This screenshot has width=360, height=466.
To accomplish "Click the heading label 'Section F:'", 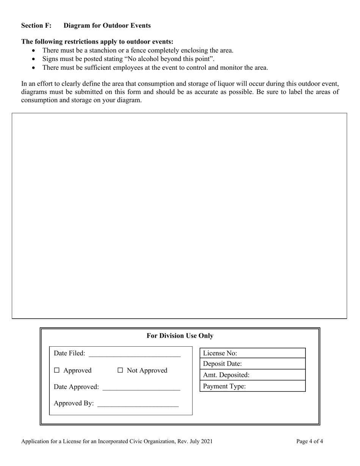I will click(36, 25).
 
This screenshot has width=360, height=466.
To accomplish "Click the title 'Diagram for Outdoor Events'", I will click(107, 25).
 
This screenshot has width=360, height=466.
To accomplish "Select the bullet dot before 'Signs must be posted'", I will click(35, 59).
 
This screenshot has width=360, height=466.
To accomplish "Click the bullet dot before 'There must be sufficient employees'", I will click(35, 68).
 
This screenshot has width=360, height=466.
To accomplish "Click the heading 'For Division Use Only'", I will click(180, 336).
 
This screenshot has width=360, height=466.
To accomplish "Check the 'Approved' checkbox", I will click(57, 371).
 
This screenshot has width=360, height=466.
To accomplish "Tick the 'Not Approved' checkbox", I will click(121, 371).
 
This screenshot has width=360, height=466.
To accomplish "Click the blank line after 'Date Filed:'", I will click(135, 354).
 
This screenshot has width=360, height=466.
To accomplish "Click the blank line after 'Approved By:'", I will click(138, 404).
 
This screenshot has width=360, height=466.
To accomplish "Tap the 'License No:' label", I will click(220, 353).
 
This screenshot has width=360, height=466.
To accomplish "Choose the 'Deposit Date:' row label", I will click(222, 364).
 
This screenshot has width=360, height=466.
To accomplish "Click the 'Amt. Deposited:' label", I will click(226, 375).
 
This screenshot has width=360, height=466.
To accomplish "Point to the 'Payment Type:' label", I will click(224, 386).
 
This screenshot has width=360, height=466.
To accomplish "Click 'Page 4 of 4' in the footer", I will click(310, 441).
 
